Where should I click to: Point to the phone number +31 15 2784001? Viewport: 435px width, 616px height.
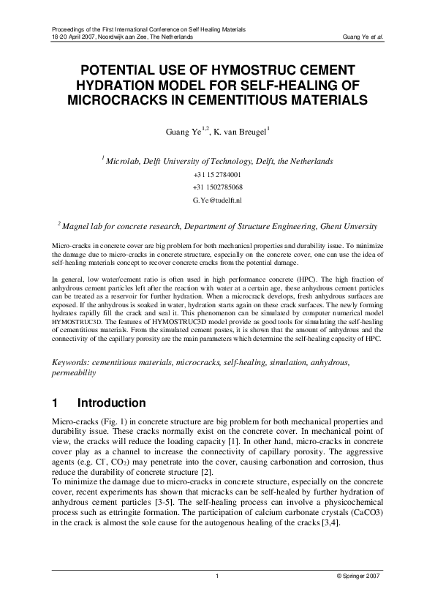[x=217, y=175]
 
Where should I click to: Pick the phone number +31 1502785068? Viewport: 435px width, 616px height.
[x=217, y=187]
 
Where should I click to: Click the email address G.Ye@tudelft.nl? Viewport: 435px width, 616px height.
[x=217, y=199]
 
